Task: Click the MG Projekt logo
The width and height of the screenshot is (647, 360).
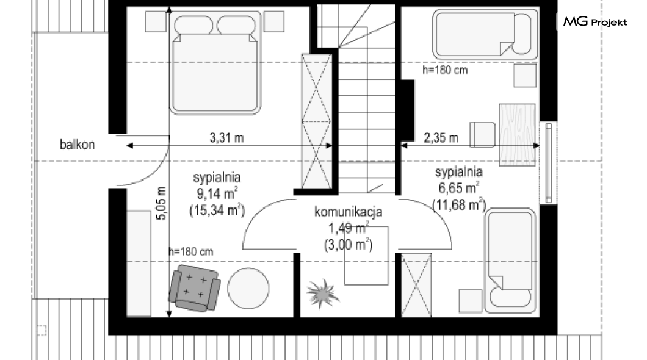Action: (595, 21)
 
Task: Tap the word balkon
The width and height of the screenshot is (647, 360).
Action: (77, 145)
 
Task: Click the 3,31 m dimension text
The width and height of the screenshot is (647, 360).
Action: (226, 137)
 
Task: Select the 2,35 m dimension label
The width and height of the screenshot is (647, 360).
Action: (441, 137)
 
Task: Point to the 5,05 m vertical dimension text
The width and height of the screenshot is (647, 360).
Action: (161, 203)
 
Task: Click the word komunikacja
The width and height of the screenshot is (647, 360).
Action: (349, 212)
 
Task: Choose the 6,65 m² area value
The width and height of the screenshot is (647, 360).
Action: (459, 188)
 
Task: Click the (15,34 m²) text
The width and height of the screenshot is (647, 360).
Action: (217, 211)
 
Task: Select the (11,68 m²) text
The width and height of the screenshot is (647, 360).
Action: (459, 204)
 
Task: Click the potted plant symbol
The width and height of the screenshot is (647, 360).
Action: (323, 293)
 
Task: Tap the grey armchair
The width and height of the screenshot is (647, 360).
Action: (194, 288)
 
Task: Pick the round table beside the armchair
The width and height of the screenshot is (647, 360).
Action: (248, 288)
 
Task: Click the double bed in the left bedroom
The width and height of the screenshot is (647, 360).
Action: (215, 63)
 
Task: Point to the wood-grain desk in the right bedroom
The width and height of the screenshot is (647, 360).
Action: (517, 134)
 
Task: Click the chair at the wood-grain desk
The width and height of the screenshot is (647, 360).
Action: (482, 135)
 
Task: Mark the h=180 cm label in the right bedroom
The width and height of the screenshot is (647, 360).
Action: (445, 70)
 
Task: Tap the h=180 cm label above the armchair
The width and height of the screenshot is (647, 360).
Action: (190, 251)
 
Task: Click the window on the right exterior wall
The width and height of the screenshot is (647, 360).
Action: (548, 164)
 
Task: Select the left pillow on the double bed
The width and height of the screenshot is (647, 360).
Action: (193, 25)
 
